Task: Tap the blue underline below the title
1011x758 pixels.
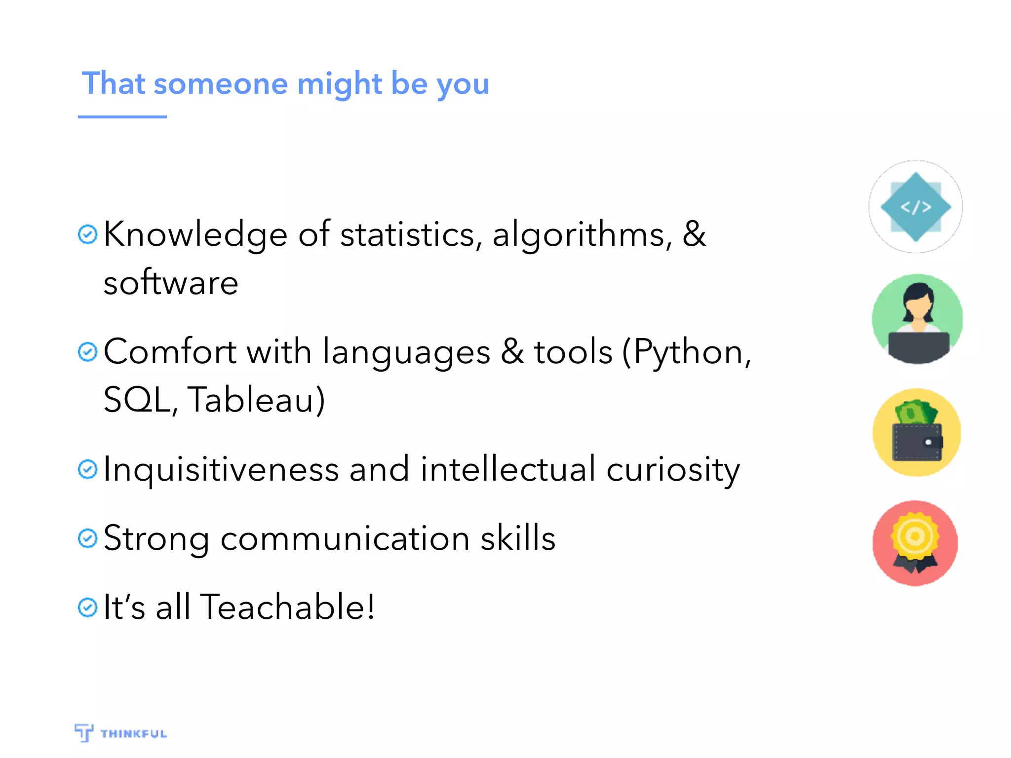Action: pos(122,117)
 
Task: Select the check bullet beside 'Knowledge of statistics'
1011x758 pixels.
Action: pos(87,234)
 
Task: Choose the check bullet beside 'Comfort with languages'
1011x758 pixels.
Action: pos(87,352)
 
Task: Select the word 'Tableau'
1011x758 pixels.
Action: pos(251,400)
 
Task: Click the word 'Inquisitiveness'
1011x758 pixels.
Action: pos(221,469)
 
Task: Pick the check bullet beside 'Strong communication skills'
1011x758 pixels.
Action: pos(87,538)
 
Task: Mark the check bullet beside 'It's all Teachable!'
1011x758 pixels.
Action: pos(87,607)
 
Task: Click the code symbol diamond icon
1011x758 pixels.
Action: pos(916,207)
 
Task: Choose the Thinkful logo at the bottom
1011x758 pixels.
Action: pos(120,733)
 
